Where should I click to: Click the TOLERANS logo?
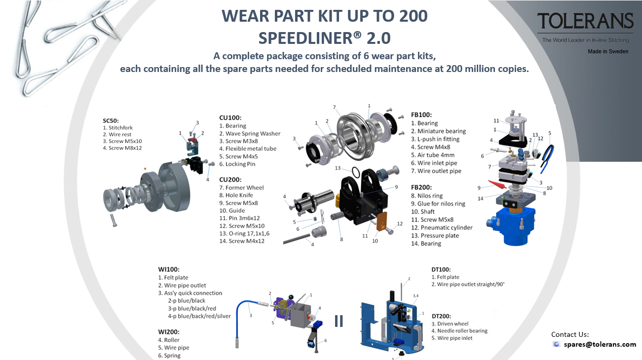pos(585,21)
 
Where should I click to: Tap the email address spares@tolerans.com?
pos(600,344)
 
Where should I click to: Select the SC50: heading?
pos(111,121)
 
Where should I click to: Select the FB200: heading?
pos(421,187)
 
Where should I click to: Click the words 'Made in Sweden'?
pos(608,52)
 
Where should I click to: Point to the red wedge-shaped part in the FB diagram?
pos(497,184)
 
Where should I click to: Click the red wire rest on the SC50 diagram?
pos(195,141)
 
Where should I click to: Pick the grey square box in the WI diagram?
pos(301,316)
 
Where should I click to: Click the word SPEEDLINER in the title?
pos(306,38)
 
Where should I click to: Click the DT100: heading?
pos(441,269)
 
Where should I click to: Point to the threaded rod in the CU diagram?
pos(297,239)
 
